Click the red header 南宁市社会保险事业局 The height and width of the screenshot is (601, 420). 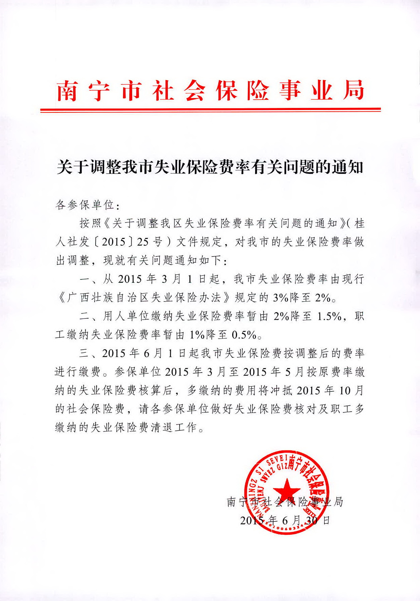pyautogui.click(x=210, y=90)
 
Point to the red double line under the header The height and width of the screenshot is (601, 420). pyautogui.click(x=210, y=110)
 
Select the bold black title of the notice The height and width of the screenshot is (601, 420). pyautogui.click(x=210, y=167)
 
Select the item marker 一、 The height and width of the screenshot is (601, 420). pyautogui.click(x=88, y=279)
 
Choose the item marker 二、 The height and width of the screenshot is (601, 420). pyautogui.click(x=88, y=316)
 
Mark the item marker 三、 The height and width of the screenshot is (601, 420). pyautogui.click(x=88, y=353)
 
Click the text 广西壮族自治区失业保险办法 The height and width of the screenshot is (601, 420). pyautogui.click(x=143, y=298)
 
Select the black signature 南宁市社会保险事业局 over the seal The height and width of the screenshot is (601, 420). pyautogui.click(x=285, y=502)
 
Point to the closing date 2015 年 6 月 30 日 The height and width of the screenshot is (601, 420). pyautogui.click(x=285, y=520)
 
